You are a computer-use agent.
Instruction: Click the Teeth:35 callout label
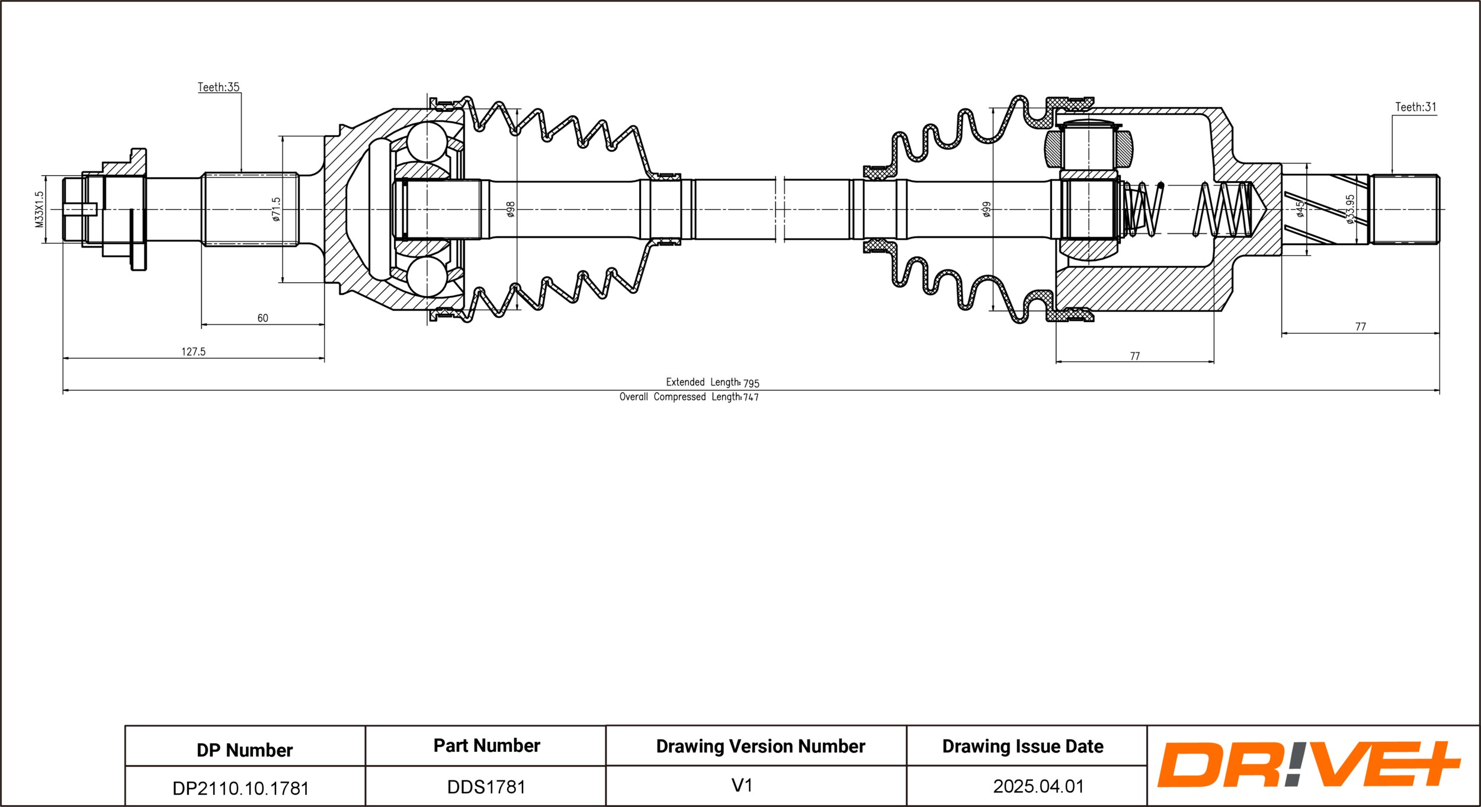219,87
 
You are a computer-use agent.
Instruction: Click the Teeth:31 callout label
1415,107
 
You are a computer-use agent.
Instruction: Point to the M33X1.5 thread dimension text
40,209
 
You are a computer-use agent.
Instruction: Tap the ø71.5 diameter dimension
276,210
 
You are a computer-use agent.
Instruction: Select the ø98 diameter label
511,209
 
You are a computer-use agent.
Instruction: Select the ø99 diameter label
986,210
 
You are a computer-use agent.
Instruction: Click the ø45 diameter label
1300,209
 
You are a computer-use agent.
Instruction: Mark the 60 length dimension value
262,318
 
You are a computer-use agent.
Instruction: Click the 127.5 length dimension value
193,352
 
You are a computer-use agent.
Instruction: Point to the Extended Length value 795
751,383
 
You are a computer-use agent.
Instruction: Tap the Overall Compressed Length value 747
751,397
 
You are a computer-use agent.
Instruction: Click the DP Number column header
245,750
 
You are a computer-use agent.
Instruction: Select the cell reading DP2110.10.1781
241,788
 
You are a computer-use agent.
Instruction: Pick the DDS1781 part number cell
486,787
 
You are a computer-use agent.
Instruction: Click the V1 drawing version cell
742,785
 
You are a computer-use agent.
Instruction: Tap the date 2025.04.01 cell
1038,786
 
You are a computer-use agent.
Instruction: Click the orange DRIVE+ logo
1309,764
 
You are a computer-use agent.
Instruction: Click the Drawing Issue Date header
1023,747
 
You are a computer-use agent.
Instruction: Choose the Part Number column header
487,745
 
